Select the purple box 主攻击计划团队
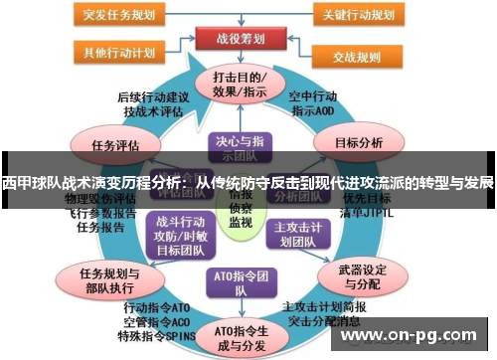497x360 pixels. pyautogui.click(x=300, y=233)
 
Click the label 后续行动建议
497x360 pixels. pyautogui.click(x=153, y=97)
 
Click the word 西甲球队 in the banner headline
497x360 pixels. pyautogui.click(x=33, y=184)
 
